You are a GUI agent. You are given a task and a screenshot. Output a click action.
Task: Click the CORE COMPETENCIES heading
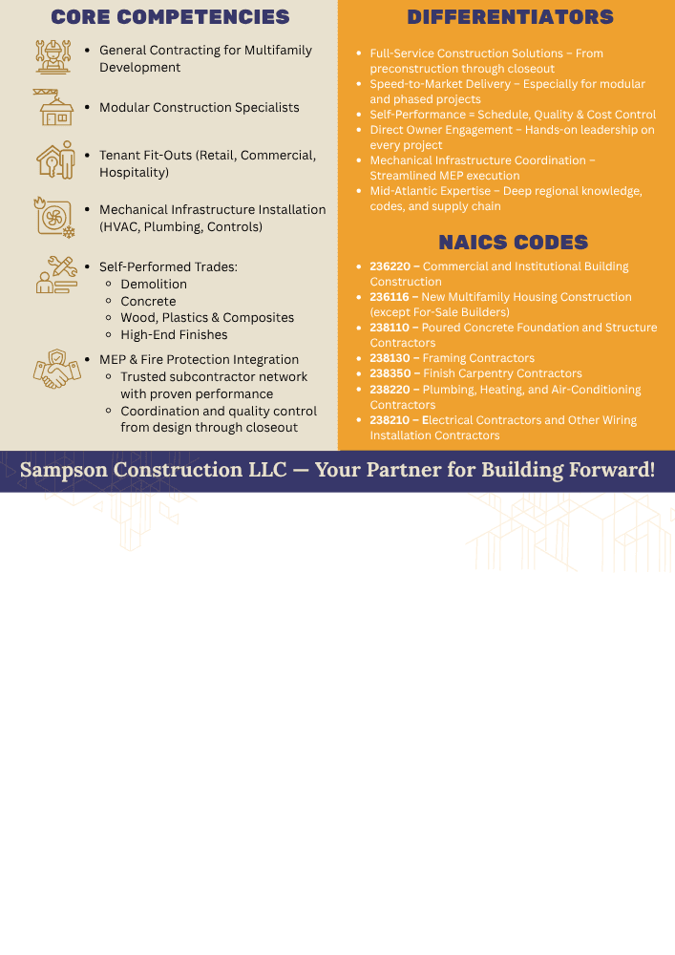coord(171,17)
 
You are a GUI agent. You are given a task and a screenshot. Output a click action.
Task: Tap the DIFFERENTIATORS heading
coord(510,17)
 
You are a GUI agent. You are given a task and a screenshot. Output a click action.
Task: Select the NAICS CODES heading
coord(513,243)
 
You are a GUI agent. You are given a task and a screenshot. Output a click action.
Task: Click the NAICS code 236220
coord(390,266)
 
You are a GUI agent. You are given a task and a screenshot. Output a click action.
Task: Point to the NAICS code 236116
coord(389,297)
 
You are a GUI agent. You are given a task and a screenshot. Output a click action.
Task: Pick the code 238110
coord(390,327)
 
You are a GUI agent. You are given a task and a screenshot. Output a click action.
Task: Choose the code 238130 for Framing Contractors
coord(390,358)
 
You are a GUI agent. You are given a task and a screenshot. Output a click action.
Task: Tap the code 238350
coord(390,373)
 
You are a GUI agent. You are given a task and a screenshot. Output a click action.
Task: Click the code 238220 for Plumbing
coord(390,390)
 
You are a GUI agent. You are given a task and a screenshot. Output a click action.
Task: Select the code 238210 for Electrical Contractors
coord(390,419)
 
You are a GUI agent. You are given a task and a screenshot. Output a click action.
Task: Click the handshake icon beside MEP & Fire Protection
coord(56,369)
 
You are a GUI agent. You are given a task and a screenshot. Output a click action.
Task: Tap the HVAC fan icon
coord(54,218)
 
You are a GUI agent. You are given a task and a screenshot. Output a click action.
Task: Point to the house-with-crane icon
coord(53,107)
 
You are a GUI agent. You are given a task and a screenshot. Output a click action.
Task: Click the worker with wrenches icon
coord(53,56)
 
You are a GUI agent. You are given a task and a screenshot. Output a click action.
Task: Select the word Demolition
coord(154,284)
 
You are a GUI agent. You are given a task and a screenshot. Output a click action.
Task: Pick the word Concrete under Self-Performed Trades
coord(149,301)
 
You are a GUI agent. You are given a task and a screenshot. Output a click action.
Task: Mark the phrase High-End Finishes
coord(174,334)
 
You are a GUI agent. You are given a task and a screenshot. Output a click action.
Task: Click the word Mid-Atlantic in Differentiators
coord(400,191)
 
